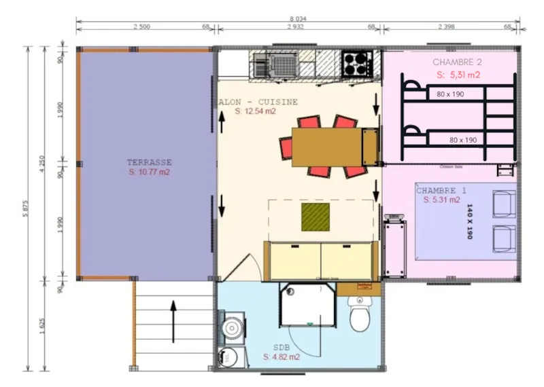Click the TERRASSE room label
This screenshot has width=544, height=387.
(149, 162)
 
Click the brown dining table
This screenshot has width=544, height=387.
(326, 147)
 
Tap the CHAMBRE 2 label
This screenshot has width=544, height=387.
(457, 62)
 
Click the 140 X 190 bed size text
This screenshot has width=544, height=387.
(469, 221)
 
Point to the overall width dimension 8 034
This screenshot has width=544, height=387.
(299, 21)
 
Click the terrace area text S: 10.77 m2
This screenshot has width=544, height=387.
(149, 172)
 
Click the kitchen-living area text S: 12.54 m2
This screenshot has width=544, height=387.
(256, 111)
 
